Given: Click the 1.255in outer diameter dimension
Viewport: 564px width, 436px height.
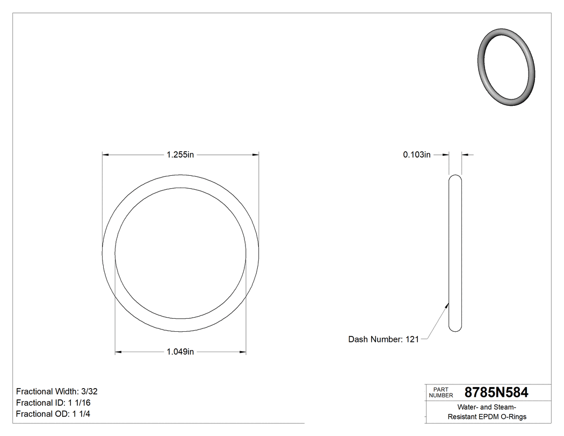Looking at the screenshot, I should (x=180, y=155).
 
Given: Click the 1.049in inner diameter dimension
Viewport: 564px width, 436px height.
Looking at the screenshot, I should (x=180, y=352).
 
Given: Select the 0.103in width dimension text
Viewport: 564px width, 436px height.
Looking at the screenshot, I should (x=417, y=155).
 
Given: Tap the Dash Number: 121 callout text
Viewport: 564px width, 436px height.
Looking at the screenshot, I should (x=383, y=339).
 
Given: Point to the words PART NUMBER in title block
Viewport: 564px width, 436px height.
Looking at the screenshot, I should (x=441, y=392).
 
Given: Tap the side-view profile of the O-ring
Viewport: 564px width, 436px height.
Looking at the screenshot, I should (x=455, y=253).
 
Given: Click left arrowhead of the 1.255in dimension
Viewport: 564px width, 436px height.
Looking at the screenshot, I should (x=106, y=155).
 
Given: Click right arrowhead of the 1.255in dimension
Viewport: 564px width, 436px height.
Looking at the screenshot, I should (x=256, y=155).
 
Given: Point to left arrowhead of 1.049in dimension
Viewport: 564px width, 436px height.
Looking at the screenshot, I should (x=119, y=352).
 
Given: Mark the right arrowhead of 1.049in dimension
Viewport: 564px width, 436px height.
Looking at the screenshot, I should (x=243, y=352).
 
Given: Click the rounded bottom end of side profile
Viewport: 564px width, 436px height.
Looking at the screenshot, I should (x=455, y=328).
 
